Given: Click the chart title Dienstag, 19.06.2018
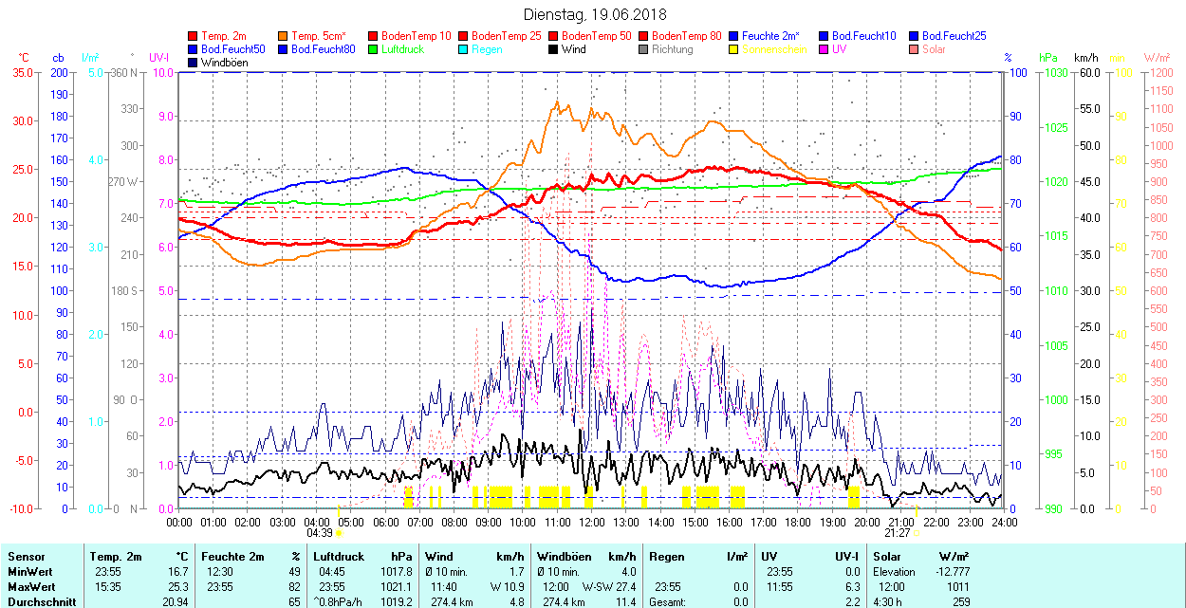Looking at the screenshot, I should tap(595, 14).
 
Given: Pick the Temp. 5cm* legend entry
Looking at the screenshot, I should tap(319, 36).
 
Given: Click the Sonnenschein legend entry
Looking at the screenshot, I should tap(774, 49).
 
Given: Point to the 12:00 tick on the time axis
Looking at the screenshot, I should tap(592, 523).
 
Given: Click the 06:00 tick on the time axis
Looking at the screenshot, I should tap(385, 523).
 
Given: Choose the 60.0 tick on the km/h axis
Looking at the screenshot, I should tap(1087, 72).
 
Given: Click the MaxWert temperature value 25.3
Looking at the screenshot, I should tap(178, 586).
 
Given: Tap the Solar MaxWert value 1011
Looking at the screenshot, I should tap(957, 586).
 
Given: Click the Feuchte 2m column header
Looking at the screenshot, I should tap(234, 557).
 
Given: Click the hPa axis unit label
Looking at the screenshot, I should tap(1048, 58).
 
